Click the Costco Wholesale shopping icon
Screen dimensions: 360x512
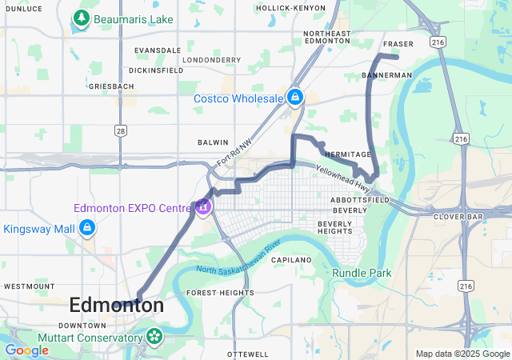pyautogui.click(x=295, y=98)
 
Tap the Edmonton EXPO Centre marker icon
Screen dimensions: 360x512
pyautogui.click(x=203, y=207)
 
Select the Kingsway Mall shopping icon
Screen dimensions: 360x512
pyautogui.click(x=87, y=230)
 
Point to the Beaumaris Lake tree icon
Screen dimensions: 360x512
pyautogui.click(x=81, y=17)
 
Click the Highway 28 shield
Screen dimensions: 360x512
pyautogui.click(x=120, y=130)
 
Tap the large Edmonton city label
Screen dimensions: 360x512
pyautogui.click(x=117, y=305)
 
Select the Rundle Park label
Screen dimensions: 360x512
pyautogui.click(x=362, y=273)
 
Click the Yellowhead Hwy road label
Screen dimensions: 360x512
pyautogui.click(x=343, y=177)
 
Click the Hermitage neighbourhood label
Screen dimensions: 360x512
pyautogui.click(x=348, y=154)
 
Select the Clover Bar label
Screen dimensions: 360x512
pyautogui.click(x=455, y=216)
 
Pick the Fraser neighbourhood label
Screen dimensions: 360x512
pyautogui.click(x=398, y=44)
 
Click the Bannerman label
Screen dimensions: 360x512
pyautogui.click(x=386, y=74)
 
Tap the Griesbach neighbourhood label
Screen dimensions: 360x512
pyautogui.click(x=110, y=85)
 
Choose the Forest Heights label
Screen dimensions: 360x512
pyautogui.click(x=220, y=293)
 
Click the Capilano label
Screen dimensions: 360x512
pyautogui.click(x=290, y=260)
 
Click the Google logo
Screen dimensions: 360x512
pyautogui.click(x=26, y=350)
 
